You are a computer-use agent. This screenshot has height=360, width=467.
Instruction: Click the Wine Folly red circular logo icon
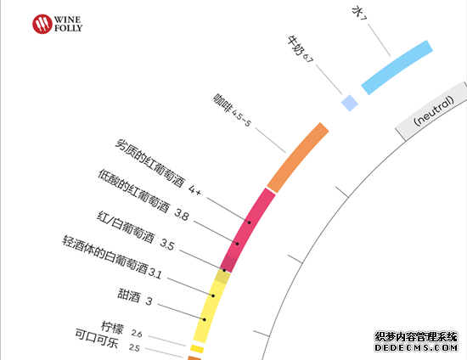[42, 24]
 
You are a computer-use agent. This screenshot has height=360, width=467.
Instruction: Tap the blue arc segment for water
[397, 68]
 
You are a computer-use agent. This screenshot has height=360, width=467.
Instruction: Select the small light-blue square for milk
[349, 103]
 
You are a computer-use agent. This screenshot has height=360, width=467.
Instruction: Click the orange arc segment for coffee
[298, 158]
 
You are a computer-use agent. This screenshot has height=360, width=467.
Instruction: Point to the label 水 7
[359, 13]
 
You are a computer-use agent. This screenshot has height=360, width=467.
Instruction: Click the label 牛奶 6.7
[301, 49]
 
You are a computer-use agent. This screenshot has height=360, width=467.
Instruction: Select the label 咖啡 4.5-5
[233, 110]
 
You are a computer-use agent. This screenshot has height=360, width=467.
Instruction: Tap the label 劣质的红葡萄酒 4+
[158, 166]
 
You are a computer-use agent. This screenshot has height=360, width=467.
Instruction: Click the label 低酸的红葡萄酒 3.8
[143, 195]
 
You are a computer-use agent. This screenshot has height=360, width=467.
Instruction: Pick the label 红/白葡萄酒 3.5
[136, 230]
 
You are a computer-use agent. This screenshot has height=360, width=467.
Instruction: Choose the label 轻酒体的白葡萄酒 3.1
[112, 257]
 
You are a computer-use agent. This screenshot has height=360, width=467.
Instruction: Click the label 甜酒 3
[135, 297]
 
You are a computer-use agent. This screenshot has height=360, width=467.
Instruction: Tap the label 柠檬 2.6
[121, 330]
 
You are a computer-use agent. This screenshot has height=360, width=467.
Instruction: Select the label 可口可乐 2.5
[107, 340]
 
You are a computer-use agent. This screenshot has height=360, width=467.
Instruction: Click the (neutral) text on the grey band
[434, 110]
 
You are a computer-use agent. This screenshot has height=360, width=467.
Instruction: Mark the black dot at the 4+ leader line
[250, 222]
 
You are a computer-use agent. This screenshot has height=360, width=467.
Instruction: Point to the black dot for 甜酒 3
[205, 319]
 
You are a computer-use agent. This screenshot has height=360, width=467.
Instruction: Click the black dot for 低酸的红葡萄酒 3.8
[238, 244]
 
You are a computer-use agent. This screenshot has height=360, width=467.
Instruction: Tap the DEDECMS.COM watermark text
[416, 347]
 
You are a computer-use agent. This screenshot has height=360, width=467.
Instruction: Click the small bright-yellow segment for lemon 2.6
[197, 349]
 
